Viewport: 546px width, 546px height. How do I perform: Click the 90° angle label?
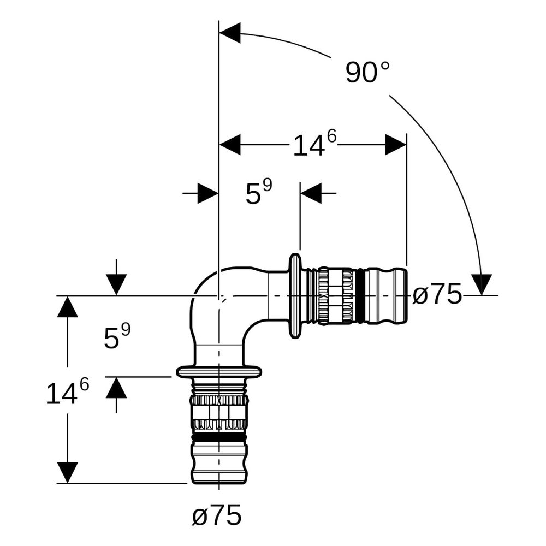coord(367,73)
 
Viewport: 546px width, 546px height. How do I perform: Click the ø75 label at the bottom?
coord(217,514)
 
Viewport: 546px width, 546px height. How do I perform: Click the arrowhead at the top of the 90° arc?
coord(230,33)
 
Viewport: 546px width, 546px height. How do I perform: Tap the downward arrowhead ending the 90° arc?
coord(482,284)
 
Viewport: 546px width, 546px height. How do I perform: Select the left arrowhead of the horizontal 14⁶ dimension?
coord(230,144)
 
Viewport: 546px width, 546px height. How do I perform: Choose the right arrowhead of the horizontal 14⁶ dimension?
coord(396,144)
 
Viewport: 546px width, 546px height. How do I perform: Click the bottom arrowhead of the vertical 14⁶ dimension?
coord(67,472)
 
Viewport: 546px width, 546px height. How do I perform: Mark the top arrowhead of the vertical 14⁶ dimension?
coord(67,306)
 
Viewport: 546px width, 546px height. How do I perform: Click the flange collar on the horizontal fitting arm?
coord(295,295)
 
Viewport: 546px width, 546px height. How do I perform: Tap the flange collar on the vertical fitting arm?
coord(219,372)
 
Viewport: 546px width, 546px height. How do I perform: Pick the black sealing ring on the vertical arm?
coord(219,437)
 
